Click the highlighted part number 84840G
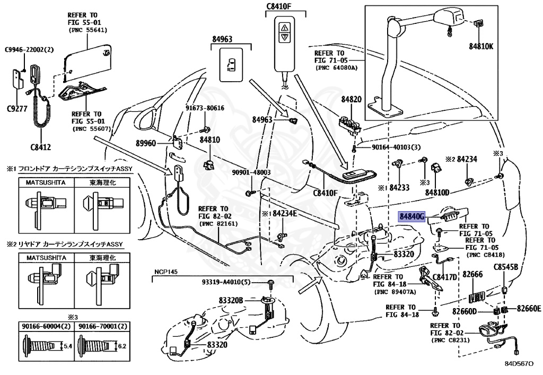(x=411, y=217)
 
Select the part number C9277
(x=17, y=109)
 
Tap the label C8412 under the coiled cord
(x=40, y=147)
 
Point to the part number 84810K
(x=481, y=46)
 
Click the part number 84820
(x=351, y=99)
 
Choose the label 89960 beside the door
(x=146, y=143)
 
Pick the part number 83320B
(x=231, y=300)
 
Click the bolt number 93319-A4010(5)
(x=226, y=282)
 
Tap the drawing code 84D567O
(x=519, y=364)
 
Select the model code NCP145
(x=166, y=272)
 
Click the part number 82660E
(x=529, y=309)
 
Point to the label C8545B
(x=505, y=267)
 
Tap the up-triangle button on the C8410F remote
(x=285, y=27)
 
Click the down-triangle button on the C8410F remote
(x=285, y=37)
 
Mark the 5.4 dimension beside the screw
(x=67, y=346)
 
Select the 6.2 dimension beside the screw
(x=122, y=346)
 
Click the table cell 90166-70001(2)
(x=103, y=326)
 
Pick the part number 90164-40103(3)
(x=396, y=147)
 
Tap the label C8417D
(x=445, y=277)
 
